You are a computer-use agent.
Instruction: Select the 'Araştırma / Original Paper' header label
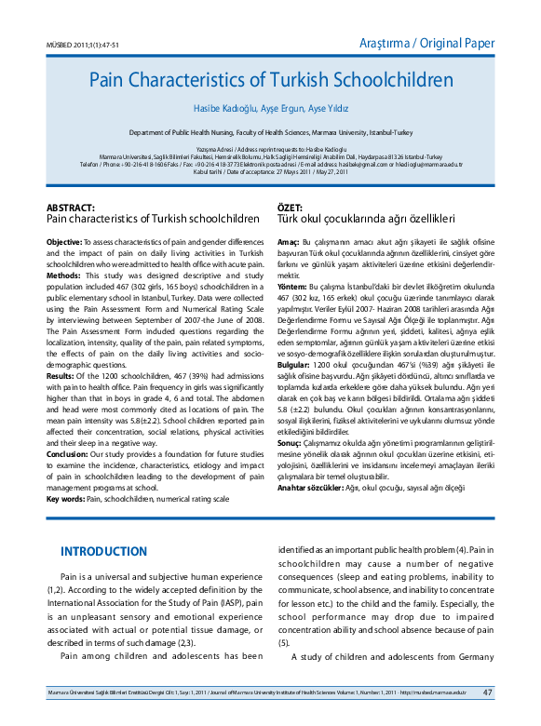point(426,43)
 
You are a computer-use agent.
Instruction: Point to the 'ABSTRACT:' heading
point(71,208)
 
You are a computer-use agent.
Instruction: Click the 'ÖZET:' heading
point(291,208)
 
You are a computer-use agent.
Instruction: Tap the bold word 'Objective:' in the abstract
point(64,242)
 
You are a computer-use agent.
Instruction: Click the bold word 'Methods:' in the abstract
point(63,276)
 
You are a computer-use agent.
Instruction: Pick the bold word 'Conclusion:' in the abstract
point(68,456)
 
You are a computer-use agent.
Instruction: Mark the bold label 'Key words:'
point(65,499)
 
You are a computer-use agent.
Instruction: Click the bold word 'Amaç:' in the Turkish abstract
point(288,242)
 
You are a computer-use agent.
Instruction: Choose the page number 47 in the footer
point(488,692)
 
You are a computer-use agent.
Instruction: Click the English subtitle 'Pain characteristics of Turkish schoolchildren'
point(153,219)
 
